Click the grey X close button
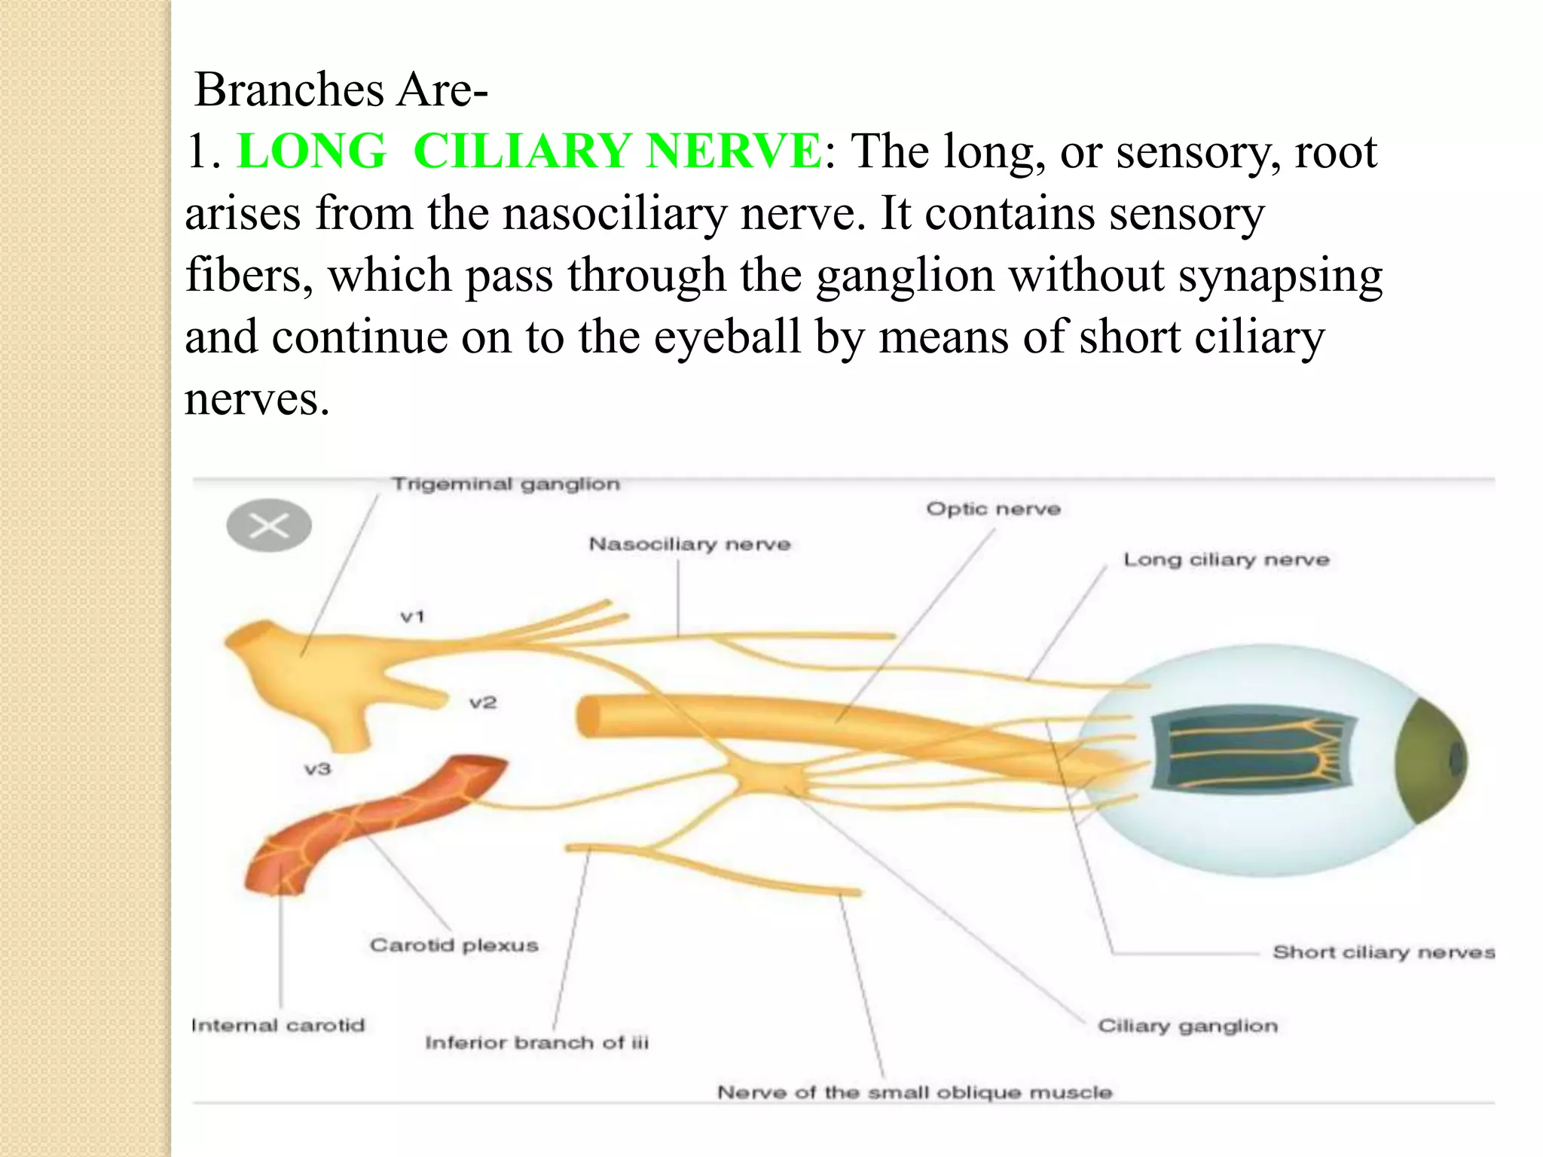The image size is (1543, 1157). (x=269, y=526)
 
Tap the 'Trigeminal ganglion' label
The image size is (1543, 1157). (x=506, y=484)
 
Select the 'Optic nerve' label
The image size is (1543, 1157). (x=993, y=509)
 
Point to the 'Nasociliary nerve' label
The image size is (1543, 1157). (x=689, y=544)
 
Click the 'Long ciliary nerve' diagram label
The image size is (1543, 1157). (x=1226, y=560)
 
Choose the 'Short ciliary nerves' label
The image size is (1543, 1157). (x=1383, y=952)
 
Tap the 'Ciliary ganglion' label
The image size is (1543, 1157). (x=1187, y=1026)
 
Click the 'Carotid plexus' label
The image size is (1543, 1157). (x=454, y=945)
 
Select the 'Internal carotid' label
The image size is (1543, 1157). (x=277, y=1025)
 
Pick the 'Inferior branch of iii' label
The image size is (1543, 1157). (x=536, y=1043)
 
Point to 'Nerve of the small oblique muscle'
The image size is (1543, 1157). (x=914, y=1092)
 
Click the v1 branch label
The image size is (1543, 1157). (x=413, y=617)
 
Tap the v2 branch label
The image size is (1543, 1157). (x=483, y=703)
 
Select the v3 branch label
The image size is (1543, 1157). (x=317, y=769)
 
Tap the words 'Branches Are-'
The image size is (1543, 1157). (x=341, y=90)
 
